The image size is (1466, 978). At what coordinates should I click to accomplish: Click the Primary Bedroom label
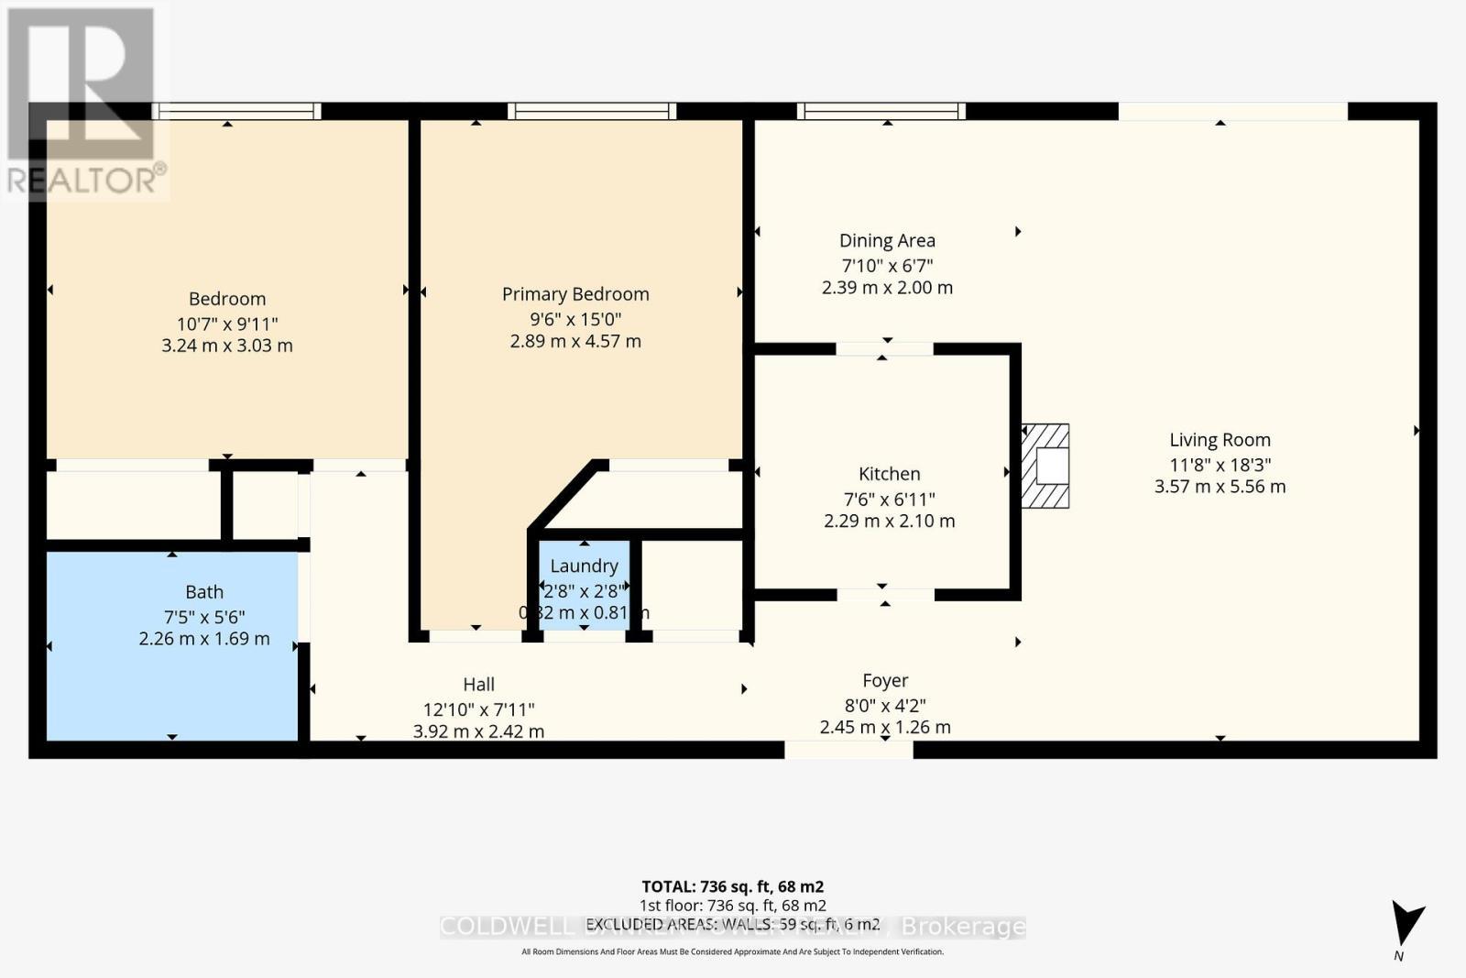coord(575,294)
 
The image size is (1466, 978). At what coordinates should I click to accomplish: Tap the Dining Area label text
coord(887,241)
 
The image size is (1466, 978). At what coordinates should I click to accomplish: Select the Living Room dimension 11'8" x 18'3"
coord(1220,465)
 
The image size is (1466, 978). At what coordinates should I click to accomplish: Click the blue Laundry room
coord(584,587)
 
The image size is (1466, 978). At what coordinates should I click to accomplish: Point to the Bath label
coord(203,592)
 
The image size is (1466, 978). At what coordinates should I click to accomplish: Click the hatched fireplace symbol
coord(1046,466)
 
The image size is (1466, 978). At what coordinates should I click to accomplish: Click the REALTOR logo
coord(84,101)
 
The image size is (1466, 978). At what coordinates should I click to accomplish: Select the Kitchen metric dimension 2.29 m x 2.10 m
coord(889,522)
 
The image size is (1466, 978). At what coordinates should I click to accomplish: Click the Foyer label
coord(885,681)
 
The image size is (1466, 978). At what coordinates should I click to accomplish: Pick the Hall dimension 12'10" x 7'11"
coord(478,709)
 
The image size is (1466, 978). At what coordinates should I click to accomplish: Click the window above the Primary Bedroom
coord(592,111)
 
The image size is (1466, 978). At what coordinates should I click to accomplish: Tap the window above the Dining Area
coord(881,111)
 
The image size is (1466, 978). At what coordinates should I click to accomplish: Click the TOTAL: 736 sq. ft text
coord(732,886)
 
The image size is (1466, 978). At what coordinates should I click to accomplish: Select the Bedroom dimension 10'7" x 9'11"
coord(227,324)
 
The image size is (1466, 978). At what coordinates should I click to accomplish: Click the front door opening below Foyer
coord(848,749)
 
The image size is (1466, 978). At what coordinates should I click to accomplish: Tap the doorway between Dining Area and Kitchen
coord(884,348)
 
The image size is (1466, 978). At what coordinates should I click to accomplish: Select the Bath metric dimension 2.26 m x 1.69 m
coord(204,639)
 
